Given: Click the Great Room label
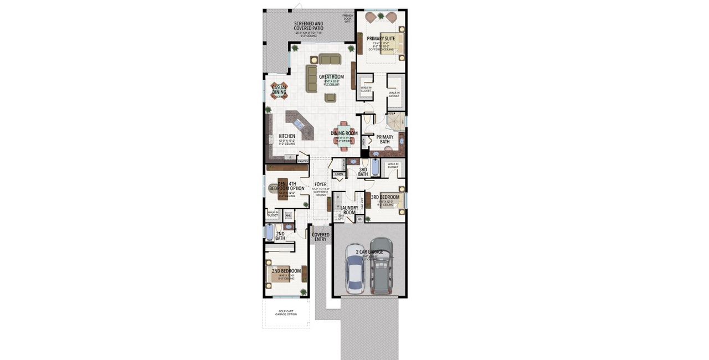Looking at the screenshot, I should [x=331, y=77].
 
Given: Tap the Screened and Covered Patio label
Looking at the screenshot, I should [x=309, y=26].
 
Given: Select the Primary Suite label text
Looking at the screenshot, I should [x=381, y=39].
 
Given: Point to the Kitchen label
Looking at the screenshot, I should [x=287, y=136].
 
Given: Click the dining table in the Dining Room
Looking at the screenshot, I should [x=343, y=133].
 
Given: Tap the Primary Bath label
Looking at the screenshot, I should [x=385, y=140].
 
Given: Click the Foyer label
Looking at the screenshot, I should [x=320, y=184].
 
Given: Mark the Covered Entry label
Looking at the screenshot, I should [x=321, y=237].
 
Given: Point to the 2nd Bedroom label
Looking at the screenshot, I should [x=286, y=271].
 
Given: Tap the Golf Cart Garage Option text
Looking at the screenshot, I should [x=286, y=313].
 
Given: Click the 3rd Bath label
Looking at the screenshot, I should [x=363, y=172].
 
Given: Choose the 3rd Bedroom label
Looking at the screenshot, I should [x=385, y=197].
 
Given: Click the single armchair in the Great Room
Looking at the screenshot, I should [x=331, y=98].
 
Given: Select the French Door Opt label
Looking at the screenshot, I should [x=347, y=18].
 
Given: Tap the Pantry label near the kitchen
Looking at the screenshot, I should [x=302, y=161].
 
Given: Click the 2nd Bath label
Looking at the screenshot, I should [x=280, y=236].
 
